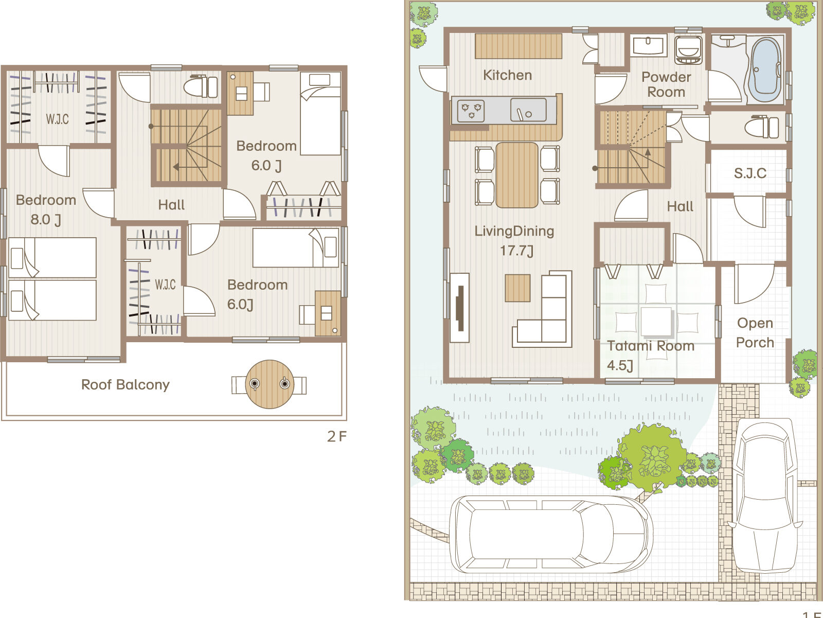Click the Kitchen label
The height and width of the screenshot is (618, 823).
[x=507, y=75]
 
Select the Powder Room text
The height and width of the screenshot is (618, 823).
[x=666, y=84]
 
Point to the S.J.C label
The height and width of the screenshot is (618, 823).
[x=750, y=173]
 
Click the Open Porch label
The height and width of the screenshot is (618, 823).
[x=755, y=332]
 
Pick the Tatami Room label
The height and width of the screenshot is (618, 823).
[x=651, y=346]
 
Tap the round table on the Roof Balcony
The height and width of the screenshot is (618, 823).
[x=269, y=384]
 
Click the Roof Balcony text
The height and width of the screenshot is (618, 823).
[x=125, y=385]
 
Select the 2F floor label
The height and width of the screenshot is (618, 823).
[x=337, y=436]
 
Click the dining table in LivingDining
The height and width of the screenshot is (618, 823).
[x=517, y=175]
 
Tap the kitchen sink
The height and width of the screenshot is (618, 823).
[x=528, y=110]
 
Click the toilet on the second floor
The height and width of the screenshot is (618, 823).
[x=201, y=86]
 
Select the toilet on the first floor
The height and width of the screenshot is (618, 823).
[x=761, y=128]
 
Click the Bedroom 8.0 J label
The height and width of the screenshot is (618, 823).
[x=46, y=209]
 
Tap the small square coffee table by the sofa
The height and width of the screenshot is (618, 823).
[x=517, y=288]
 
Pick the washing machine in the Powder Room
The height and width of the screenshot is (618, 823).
[x=688, y=50]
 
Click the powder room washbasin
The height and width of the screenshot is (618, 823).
[x=648, y=46]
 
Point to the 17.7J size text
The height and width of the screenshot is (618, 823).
[x=516, y=251]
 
